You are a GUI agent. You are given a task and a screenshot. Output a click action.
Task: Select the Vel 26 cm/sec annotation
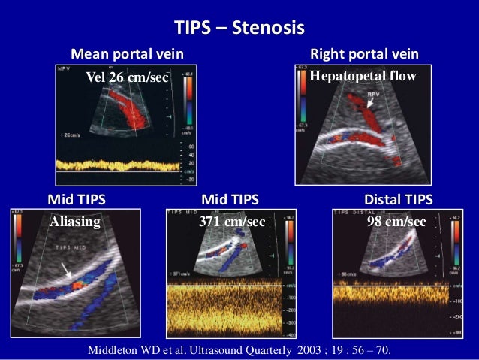click(x=128, y=77)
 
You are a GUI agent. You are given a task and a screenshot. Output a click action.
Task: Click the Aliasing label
click(x=74, y=222)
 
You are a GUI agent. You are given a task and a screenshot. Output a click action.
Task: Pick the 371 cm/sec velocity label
click(x=232, y=222)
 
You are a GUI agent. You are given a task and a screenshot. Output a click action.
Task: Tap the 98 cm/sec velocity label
click(x=396, y=222)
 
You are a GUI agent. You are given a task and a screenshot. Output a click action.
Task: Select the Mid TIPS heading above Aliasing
click(x=76, y=200)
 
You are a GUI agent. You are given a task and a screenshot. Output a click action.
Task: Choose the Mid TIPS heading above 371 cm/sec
click(x=230, y=200)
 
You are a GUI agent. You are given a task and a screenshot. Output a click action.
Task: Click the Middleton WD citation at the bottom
click(x=239, y=349)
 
